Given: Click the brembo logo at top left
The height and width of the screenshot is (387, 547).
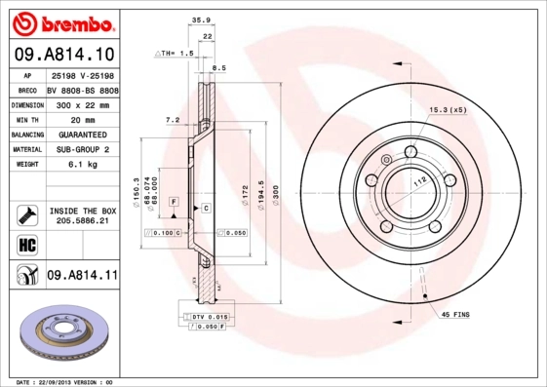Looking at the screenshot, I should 60,21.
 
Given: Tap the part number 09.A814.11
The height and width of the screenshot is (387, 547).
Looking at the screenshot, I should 82,276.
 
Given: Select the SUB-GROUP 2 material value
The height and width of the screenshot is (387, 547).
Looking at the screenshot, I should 84,150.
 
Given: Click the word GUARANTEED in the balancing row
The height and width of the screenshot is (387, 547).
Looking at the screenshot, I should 84,135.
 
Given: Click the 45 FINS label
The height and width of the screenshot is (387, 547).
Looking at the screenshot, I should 457,314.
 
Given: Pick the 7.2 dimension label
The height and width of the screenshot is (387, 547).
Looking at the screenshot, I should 173,120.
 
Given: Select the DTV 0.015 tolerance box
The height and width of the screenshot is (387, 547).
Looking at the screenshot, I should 208,317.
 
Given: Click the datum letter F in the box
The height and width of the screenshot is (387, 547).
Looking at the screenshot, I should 173,201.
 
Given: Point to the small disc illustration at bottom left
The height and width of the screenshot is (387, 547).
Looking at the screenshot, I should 61,335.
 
